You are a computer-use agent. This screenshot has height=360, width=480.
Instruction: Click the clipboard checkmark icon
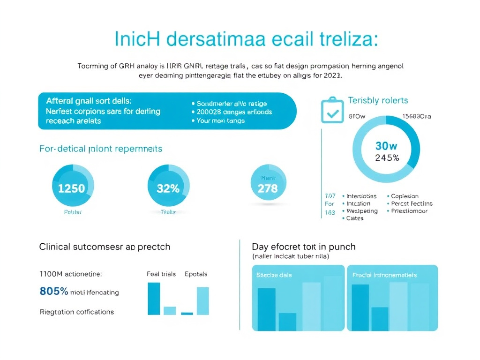coord(333,110)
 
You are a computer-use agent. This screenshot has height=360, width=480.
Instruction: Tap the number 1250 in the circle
coord(71,188)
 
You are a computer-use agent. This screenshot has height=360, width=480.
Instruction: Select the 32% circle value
coord(168,188)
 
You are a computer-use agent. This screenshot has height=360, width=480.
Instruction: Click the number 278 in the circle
coord(268,188)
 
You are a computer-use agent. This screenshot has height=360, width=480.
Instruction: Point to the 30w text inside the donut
coord(386,146)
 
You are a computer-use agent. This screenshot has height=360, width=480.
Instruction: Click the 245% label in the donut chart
coord(387,158)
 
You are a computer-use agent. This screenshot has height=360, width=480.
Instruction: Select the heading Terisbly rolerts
coord(378,100)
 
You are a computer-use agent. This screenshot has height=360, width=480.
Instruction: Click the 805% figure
coord(54,291)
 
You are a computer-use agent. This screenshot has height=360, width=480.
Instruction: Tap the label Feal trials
coord(161,274)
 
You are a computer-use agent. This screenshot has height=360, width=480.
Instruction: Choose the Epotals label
coord(196,274)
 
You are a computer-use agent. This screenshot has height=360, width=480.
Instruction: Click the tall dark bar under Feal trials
coord(154,299)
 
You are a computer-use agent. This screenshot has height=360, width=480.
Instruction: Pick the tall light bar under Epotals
coord(202,300)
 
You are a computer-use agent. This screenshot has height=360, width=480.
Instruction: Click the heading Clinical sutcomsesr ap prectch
coord(105,247)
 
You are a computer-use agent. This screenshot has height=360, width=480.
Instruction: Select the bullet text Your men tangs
coord(220,121)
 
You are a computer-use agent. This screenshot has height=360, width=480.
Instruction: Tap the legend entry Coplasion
coord(405,196)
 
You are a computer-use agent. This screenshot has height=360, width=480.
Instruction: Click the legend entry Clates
coord(354,218)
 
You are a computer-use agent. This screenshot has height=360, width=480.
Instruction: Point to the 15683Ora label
coord(417,117)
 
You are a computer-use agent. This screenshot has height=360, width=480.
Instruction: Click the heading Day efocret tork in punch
coord(303,247)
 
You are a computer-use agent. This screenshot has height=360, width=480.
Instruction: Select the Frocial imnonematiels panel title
coord(384,275)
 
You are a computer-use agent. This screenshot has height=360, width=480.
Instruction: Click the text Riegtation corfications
coord(77,312)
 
